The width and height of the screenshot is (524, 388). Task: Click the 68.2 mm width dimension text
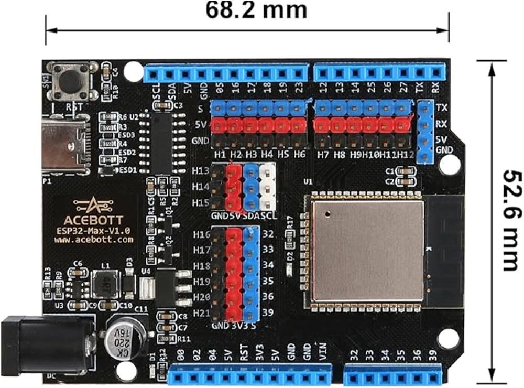(256, 10)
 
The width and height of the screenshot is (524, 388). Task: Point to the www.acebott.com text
(93, 240)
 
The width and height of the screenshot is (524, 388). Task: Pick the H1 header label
(220, 155)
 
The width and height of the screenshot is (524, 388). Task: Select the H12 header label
(406, 155)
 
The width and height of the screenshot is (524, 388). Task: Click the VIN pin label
(323, 355)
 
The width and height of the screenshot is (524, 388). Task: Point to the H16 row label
(201, 234)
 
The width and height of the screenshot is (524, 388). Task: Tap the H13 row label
(201, 171)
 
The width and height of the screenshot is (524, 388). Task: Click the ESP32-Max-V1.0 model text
(93, 230)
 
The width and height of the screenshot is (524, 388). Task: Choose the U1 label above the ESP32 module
(307, 182)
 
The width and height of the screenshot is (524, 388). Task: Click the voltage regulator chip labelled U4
(167, 286)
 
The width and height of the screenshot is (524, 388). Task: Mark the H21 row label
(201, 313)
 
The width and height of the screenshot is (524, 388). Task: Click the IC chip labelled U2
(160, 142)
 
